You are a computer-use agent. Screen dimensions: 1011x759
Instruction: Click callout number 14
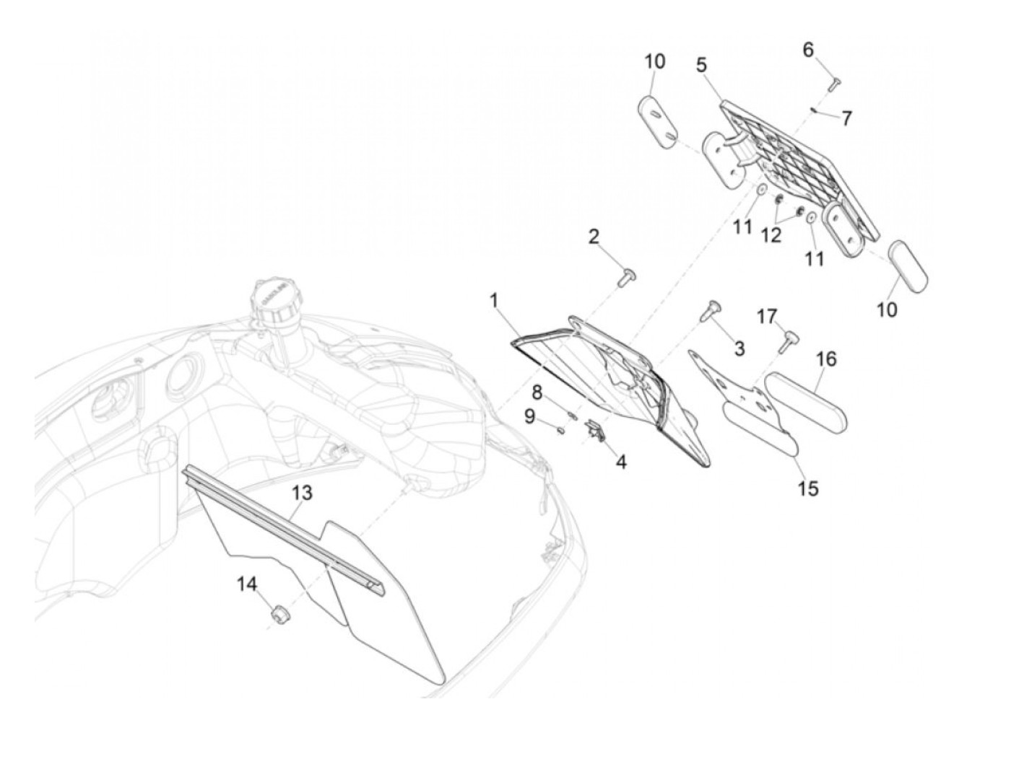pyautogui.click(x=248, y=585)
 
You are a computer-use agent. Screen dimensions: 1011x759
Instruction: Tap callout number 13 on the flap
pyautogui.click(x=302, y=493)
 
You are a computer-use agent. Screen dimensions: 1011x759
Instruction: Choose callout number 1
pyautogui.click(x=495, y=300)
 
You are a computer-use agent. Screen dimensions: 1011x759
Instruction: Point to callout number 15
pyautogui.click(x=809, y=488)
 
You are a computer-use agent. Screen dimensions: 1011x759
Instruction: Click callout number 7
pyautogui.click(x=847, y=118)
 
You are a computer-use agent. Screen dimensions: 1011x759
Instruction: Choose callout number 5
pyautogui.click(x=701, y=65)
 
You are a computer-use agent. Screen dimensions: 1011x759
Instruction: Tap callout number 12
pyautogui.click(x=771, y=234)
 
